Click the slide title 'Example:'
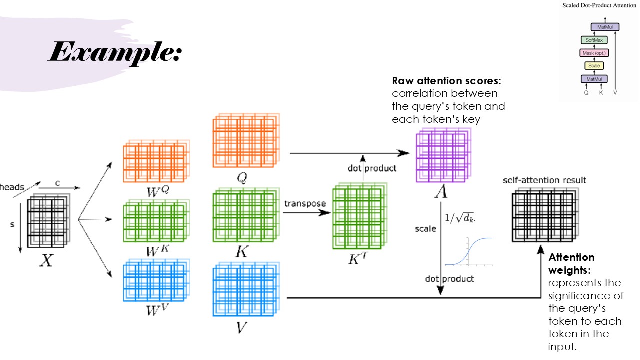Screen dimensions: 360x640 click(114, 52)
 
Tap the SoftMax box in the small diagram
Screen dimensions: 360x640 click(594, 40)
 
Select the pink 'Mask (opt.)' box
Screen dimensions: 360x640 click(594, 53)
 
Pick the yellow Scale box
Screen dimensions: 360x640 click(594, 66)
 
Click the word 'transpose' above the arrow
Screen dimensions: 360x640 click(305, 204)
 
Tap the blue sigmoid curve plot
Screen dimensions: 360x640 click(469, 252)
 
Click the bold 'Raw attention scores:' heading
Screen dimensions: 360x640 click(446, 81)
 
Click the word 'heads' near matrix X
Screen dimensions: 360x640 click(12, 187)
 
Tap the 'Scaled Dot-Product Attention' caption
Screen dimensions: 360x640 click(598, 5)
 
